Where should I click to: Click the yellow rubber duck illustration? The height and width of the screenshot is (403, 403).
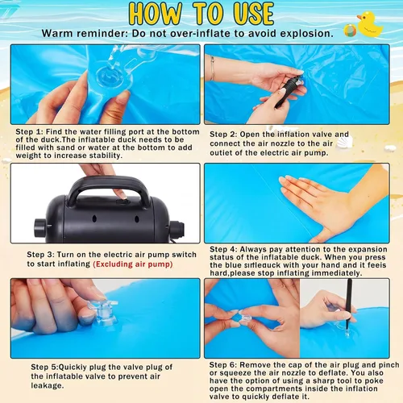pos(370,24)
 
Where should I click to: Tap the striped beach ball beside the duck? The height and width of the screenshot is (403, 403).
pos(350,31)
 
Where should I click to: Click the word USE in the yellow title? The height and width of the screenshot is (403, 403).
pos(254,14)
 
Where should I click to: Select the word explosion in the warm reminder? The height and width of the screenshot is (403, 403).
pos(306,34)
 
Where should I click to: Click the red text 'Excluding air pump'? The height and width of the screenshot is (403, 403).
pos(133,264)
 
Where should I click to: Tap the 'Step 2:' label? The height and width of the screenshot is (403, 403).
pos(223,134)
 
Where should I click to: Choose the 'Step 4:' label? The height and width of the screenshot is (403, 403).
pos(223,249)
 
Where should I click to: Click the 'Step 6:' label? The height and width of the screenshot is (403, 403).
pos(223,365)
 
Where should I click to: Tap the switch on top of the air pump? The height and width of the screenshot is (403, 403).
pos(122,201)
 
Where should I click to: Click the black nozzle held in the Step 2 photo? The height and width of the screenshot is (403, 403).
pos(288,91)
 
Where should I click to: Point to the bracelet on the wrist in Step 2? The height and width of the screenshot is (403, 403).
pos(212,69)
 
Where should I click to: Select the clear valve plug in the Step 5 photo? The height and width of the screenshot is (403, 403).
pos(103,312)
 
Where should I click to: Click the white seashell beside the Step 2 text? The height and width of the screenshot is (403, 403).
pos(344,142)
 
